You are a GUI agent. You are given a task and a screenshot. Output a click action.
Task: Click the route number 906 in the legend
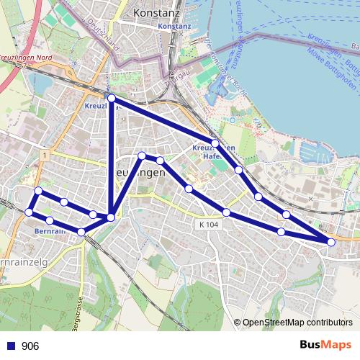tap(30, 346)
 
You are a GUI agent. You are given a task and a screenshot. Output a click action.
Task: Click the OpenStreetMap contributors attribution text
tap(297, 322)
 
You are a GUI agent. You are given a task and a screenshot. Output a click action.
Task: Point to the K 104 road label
tap(207, 225)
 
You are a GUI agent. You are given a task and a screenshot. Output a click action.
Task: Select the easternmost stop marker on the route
tap(331, 242)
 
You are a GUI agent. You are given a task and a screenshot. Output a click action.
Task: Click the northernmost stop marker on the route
tap(112, 98)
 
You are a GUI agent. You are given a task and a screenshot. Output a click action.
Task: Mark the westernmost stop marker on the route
tap(29, 212)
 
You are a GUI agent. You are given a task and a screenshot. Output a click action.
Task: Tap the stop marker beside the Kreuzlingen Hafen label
tap(215, 143)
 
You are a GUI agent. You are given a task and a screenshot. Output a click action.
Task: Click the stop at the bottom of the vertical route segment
tap(111, 217)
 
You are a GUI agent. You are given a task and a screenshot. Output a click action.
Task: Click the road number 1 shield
tap(44, 155)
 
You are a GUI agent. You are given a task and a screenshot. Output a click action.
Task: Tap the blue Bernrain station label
tap(49, 231)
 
